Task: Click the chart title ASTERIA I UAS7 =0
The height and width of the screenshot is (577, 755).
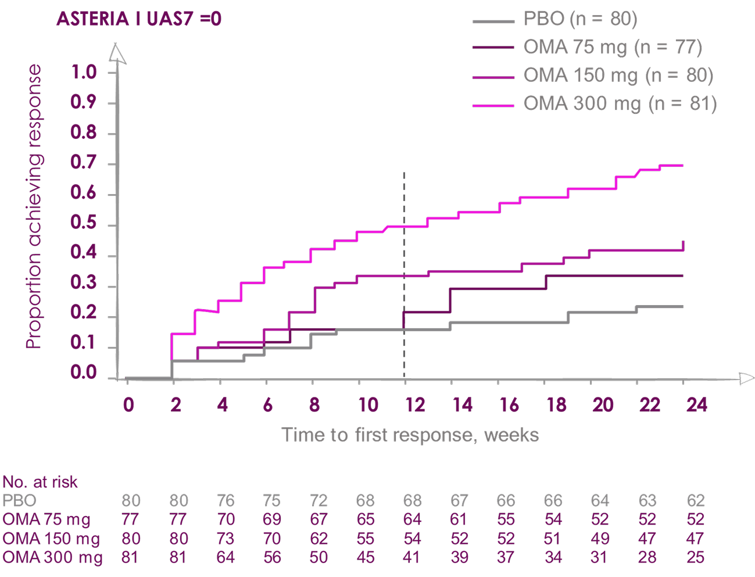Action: [139, 19]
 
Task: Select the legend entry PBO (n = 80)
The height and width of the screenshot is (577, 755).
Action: [580, 19]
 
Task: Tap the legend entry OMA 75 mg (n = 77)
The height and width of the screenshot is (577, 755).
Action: [613, 47]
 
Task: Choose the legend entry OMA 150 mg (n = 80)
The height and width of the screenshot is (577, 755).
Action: [618, 76]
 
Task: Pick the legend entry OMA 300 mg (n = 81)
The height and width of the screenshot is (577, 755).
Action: [620, 104]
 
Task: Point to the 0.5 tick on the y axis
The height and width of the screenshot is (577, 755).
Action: [83, 224]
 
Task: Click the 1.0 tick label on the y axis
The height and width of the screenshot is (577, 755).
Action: [83, 73]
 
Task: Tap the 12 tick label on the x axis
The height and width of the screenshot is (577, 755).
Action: [415, 404]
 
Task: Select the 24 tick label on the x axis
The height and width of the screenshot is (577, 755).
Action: [696, 404]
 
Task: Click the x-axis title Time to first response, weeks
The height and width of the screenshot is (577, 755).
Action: [410, 435]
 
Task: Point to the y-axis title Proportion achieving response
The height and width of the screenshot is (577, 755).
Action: [34, 206]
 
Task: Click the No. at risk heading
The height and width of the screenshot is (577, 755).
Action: [40, 482]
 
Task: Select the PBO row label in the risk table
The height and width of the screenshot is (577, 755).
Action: [19, 501]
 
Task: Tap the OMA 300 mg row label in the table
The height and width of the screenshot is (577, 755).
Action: [52, 558]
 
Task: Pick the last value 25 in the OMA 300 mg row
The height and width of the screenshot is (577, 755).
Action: [695, 558]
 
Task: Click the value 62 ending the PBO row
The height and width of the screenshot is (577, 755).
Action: [695, 501]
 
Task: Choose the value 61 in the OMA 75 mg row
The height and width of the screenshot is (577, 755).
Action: [459, 519]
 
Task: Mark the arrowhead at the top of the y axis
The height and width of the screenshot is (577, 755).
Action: [117, 53]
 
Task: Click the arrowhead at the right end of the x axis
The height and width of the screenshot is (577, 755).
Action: [746, 379]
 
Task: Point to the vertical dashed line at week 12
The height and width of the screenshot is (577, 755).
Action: [404, 261]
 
